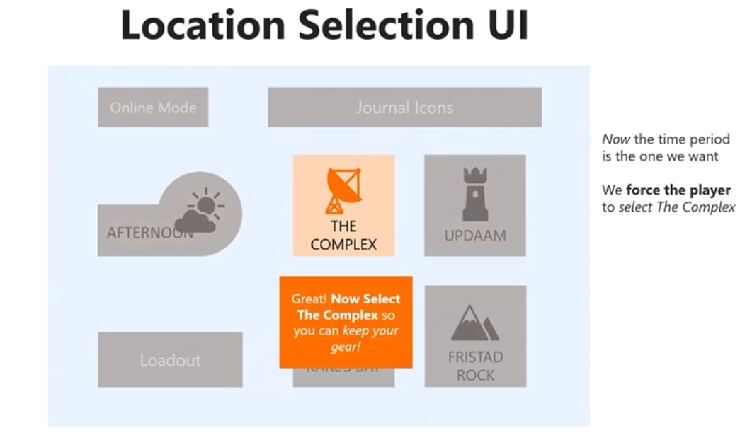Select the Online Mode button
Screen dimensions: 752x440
click(x=153, y=108)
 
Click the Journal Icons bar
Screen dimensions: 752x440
click(x=404, y=108)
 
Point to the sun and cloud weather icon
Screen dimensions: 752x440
click(x=200, y=211)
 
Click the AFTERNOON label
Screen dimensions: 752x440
click(x=145, y=233)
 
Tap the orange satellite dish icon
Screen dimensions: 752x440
click(x=343, y=190)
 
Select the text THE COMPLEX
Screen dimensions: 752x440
click(x=343, y=236)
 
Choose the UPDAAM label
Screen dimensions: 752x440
click(x=475, y=236)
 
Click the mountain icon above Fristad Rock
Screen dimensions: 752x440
click(x=474, y=323)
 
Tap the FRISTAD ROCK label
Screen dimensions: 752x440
click(x=475, y=366)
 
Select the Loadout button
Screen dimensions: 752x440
click(x=170, y=360)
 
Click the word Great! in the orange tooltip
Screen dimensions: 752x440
click(x=309, y=299)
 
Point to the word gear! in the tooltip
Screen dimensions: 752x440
click(x=346, y=347)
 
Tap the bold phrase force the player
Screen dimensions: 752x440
click(x=678, y=190)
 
